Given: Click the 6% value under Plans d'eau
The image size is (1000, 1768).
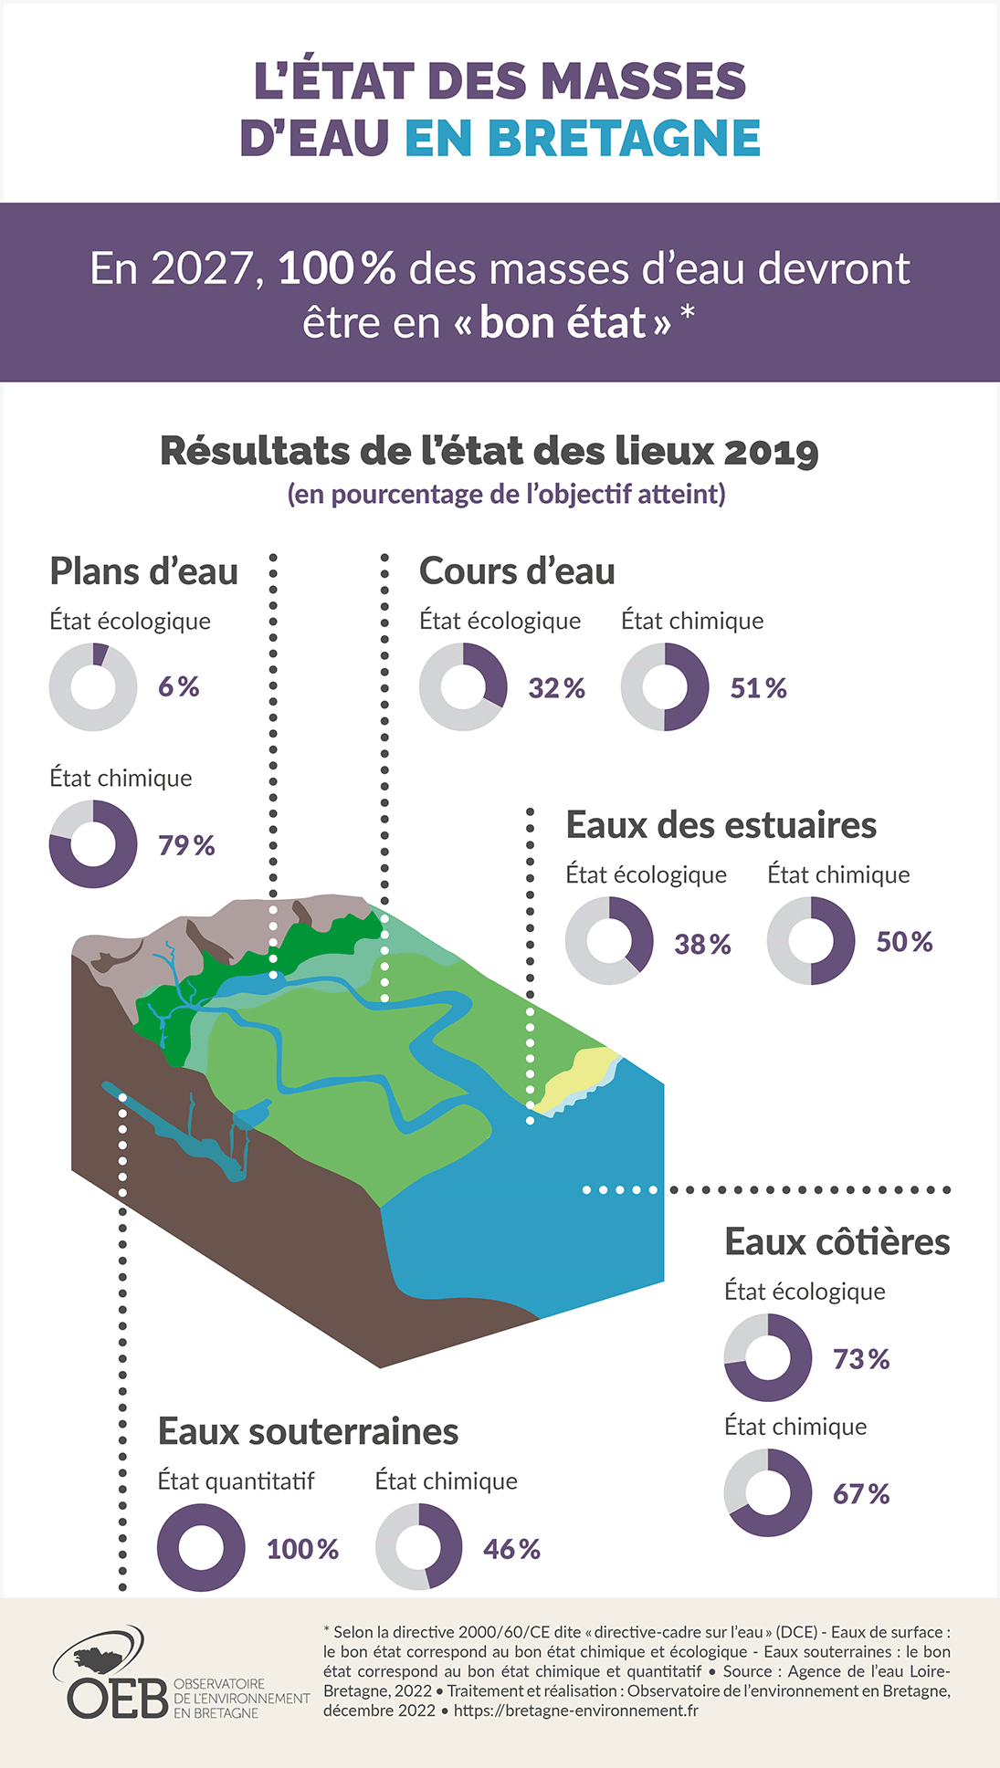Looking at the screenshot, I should pyautogui.click(x=178, y=686).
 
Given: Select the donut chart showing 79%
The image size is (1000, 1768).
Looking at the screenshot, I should pyautogui.click(x=93, y=844).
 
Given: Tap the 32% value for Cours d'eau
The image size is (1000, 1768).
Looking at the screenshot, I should pyautogui.click(x=556, y=688).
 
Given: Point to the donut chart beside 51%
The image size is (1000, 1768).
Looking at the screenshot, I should pyautogui.click(x=665, y=687).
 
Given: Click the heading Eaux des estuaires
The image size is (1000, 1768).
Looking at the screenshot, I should pyautogui.click(x=721, y=825).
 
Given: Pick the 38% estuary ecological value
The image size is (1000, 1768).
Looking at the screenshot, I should pyautogui.click(x=702, y=944).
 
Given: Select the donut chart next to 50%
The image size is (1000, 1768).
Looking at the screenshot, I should pyautogui.click(x=811, y=941).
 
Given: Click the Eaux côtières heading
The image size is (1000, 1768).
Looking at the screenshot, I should pyautogui.click(x=837, y=1242).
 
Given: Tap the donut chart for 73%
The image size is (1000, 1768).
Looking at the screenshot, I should pyautogui.click(x=768, y=1358).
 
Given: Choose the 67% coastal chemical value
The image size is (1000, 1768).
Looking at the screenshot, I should pyautogui.click(x=860, y=1494).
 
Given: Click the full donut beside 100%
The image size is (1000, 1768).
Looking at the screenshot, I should pyautogui.click(x=201, y=1548).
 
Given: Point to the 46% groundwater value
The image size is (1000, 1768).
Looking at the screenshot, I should pyautogui.click(x=511, y=1549).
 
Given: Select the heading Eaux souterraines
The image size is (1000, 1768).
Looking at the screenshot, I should pyautogui.click(x=308, y=1431).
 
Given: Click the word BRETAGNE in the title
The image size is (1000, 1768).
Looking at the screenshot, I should pyautogui.click(x=624, y=138).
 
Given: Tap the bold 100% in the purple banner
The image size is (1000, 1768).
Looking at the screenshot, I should pyautogui.click(x=336, y=268).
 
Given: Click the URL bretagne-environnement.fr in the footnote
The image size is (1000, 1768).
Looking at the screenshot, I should pyautogui.click(x=575, y=1710).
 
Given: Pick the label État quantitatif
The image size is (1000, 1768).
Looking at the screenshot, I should pyautogui.click(x=236, y=1480).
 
